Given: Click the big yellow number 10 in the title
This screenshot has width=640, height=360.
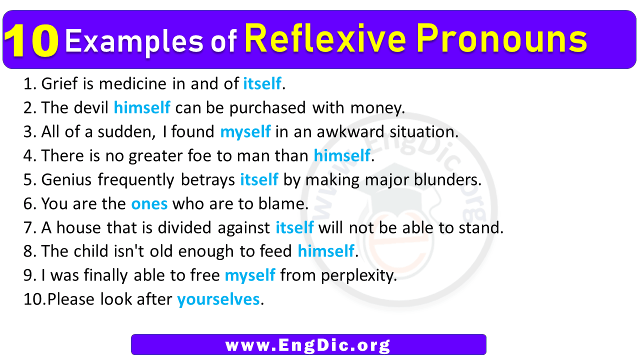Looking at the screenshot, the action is point(31,40).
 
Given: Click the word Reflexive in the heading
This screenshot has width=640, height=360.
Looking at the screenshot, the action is point(325,38).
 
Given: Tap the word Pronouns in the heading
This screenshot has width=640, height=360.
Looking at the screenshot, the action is point(501,38).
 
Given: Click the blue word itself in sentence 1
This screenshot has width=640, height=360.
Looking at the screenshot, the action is point(262,83).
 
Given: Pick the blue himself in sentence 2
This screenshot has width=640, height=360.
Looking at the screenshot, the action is point(142,107).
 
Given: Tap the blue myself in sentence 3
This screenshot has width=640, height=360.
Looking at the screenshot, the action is point(245,132).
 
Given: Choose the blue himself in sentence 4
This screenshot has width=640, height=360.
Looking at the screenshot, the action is point(341,155).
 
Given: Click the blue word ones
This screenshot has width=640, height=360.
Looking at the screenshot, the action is point(149,204).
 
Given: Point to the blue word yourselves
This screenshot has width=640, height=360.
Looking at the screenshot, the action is point(218,299).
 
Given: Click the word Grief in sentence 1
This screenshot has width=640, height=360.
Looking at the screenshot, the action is point(59,83).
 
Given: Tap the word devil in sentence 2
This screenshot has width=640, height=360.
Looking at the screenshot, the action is point(91,107).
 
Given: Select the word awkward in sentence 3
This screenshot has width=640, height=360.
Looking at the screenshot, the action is point(350,132).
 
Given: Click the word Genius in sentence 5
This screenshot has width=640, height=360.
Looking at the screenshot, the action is point(66,180).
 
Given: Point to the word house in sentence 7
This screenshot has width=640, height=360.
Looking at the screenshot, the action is point(78,227).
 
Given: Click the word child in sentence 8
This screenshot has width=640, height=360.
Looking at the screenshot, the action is point(91,251).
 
